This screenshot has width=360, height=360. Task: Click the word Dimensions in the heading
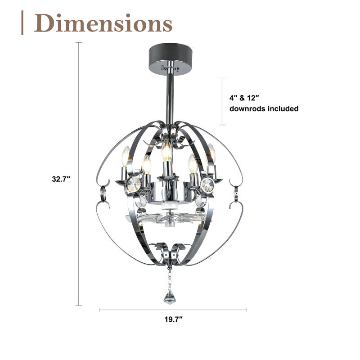[x=103, y=23]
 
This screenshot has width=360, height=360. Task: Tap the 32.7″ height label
[x=61, y=179]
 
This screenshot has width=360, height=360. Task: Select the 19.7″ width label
[x=174, y=319]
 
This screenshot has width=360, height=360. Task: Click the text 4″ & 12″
[x=244, y=98]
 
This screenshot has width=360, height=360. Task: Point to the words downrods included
[x=264, y=108]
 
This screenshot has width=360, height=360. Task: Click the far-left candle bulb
[x=126, y=157]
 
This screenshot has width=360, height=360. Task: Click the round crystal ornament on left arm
[x=134, y=184]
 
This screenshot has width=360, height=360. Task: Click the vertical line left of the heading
[x=22, y=23]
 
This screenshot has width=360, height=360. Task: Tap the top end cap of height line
[x=79, y=42]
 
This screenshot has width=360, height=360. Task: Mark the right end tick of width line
[x=246, y=310]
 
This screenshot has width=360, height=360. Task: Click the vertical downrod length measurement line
[x=222, y=102]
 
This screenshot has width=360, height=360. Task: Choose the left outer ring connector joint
[x=103, y=193]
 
